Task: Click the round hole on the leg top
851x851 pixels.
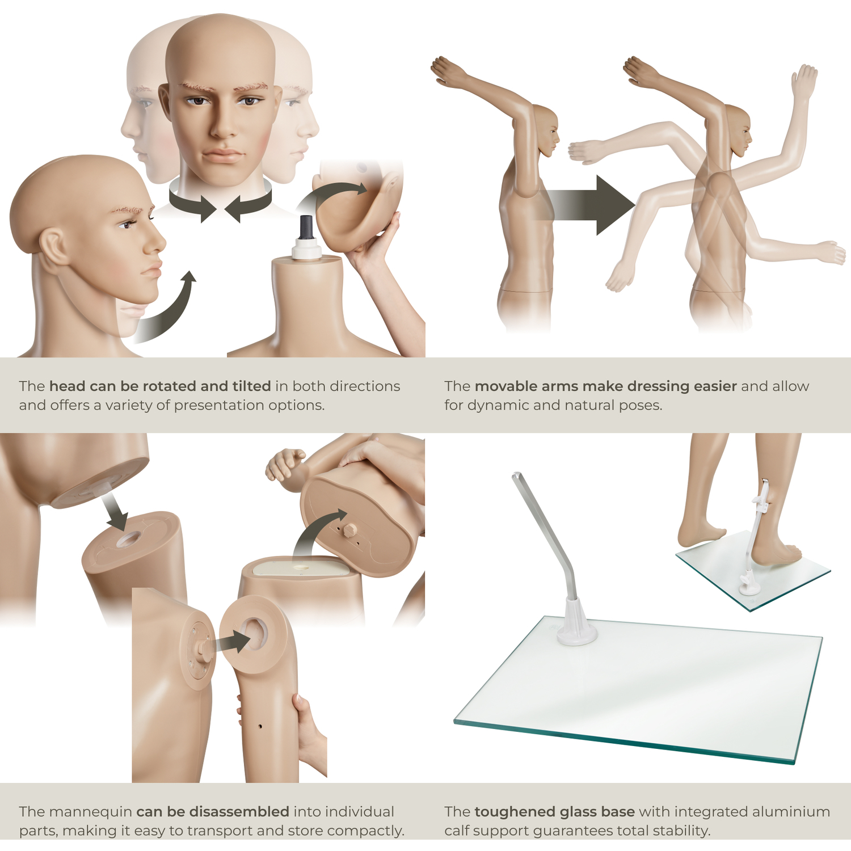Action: coord(127,539)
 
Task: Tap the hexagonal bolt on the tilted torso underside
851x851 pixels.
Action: coord(350,530)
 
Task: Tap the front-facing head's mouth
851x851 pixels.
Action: coord(223,155)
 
